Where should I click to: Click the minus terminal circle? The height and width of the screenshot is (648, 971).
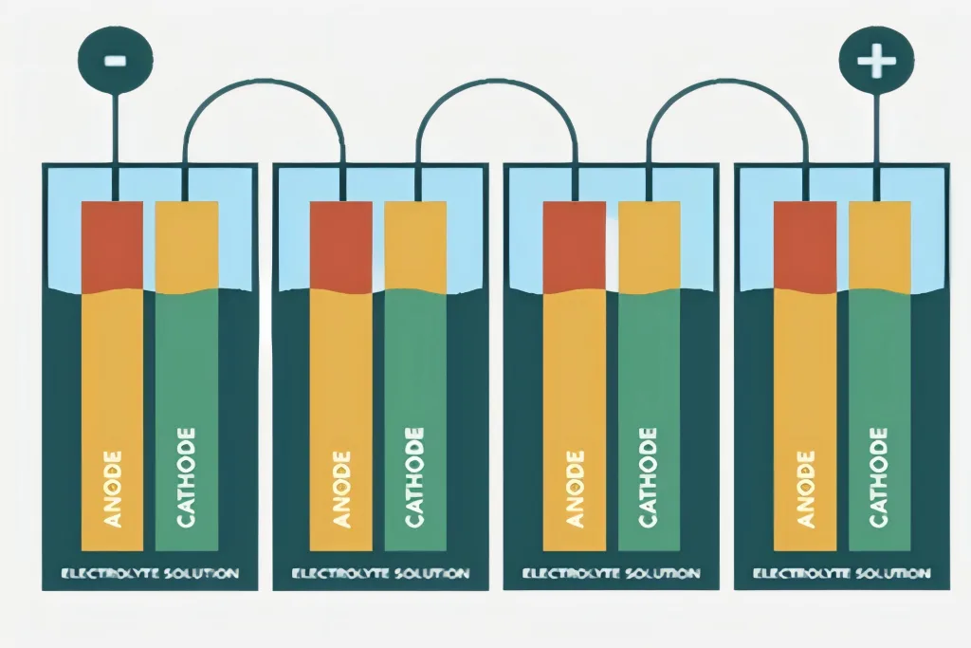click(x=115, y=59)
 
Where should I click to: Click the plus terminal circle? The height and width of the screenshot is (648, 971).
click(x=875, y=62)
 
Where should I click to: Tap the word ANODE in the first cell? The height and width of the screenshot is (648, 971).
click(x=113, y=489)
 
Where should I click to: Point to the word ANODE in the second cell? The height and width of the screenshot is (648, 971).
click(x=341, y=489)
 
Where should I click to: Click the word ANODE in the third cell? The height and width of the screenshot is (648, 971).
click(x=574, y=489)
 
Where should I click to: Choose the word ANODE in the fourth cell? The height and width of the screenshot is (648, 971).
click(x=805, y=489)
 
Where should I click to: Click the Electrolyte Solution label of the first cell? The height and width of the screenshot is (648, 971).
click(x=150, y=573)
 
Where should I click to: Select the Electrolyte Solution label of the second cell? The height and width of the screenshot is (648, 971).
click(x=380, y=573)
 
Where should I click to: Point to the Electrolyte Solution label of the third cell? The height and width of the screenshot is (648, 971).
click(x=612, y=573)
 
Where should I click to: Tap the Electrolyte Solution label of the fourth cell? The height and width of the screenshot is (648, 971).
click(x=842, y=573)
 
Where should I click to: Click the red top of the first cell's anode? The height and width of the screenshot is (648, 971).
click(x=112, y=245)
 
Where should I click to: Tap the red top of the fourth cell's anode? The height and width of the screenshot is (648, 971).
click(x=805, y=245)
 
